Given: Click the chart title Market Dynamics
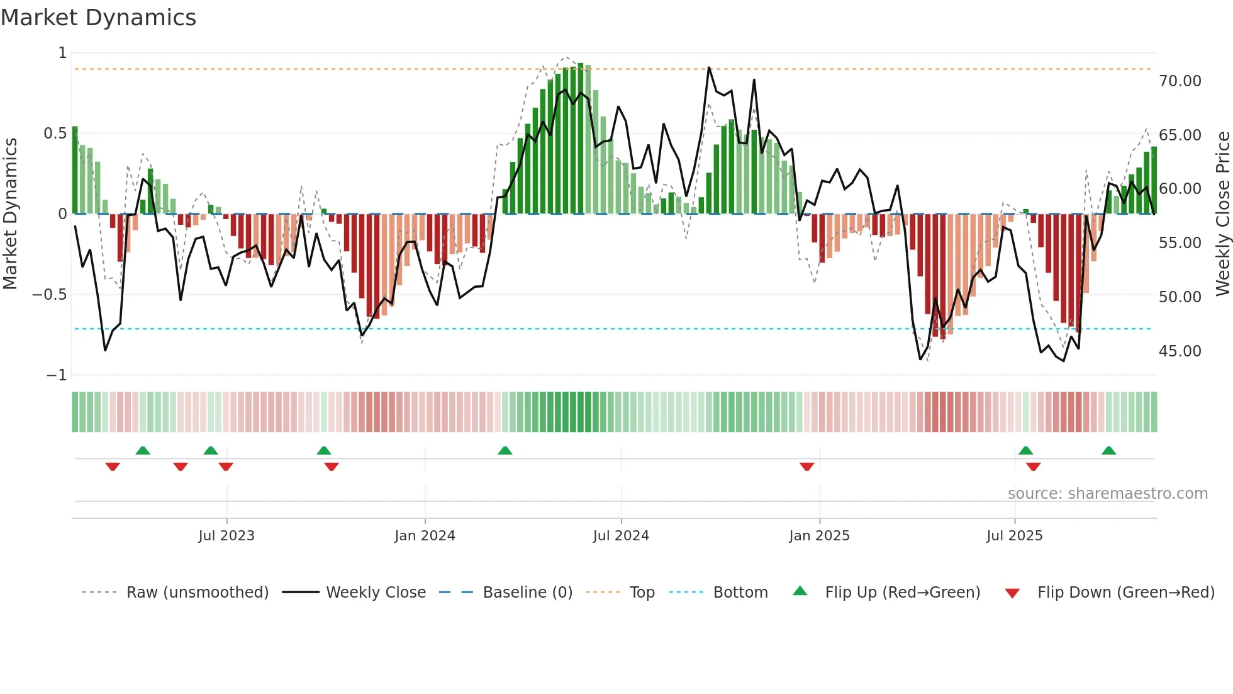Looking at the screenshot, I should (x=98, y=18).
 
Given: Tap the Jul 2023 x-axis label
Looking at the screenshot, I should (x=226, y=536).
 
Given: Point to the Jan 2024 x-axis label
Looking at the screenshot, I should (x=425, y=536).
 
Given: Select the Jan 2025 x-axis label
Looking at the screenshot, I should (x=819, y=536).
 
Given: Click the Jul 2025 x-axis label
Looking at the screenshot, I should (x=1014, y=536).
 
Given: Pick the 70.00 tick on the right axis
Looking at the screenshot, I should (x=1180, y=81).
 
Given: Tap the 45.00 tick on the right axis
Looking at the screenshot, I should (x=1180, y=351).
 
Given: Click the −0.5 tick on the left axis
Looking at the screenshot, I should (x=50, y=295).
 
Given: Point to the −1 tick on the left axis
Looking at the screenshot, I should (x=56, y=375).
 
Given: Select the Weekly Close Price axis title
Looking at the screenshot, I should (x=1222, y=213).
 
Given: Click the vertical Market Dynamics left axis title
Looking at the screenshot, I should (x=10, y=213).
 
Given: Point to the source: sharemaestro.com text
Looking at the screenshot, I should (x=1107, y=494).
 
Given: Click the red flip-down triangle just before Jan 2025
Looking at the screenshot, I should (x=806, y=467).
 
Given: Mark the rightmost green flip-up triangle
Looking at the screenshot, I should (x=1108, y=450).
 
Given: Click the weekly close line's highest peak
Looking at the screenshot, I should (x=709, y=67).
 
